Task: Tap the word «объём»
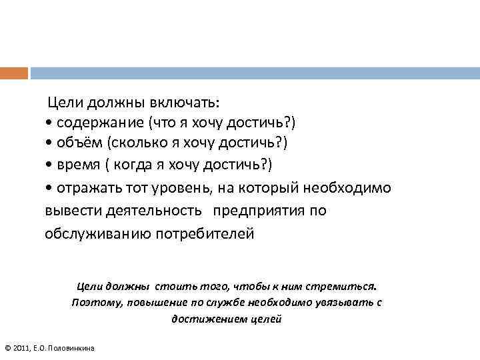pyautogui.click(x=78, y=144)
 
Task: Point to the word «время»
pyautogui.click(x=78, y=165)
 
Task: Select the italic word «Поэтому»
pyautogui.click(x=92, y=303)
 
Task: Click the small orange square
pyautogui.click(x=14, y=73)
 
